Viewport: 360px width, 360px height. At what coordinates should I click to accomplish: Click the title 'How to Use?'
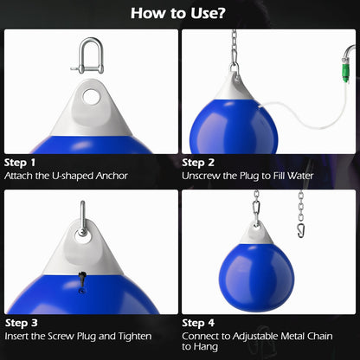tap(179, 14)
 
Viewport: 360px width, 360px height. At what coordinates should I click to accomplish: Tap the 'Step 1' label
tap(21, 162)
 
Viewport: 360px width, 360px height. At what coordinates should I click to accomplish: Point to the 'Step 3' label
tap(21, 321)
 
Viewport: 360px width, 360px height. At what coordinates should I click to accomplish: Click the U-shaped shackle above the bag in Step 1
tap(89, 53)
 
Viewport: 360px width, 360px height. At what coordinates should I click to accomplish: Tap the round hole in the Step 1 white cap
tap(89, 96)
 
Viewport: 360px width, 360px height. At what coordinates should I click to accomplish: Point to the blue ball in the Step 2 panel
tap(234, 121)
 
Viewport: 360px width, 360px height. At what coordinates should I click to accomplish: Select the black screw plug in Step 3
tap(82, 279)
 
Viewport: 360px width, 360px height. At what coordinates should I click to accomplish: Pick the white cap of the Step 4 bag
tap(256, 232)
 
